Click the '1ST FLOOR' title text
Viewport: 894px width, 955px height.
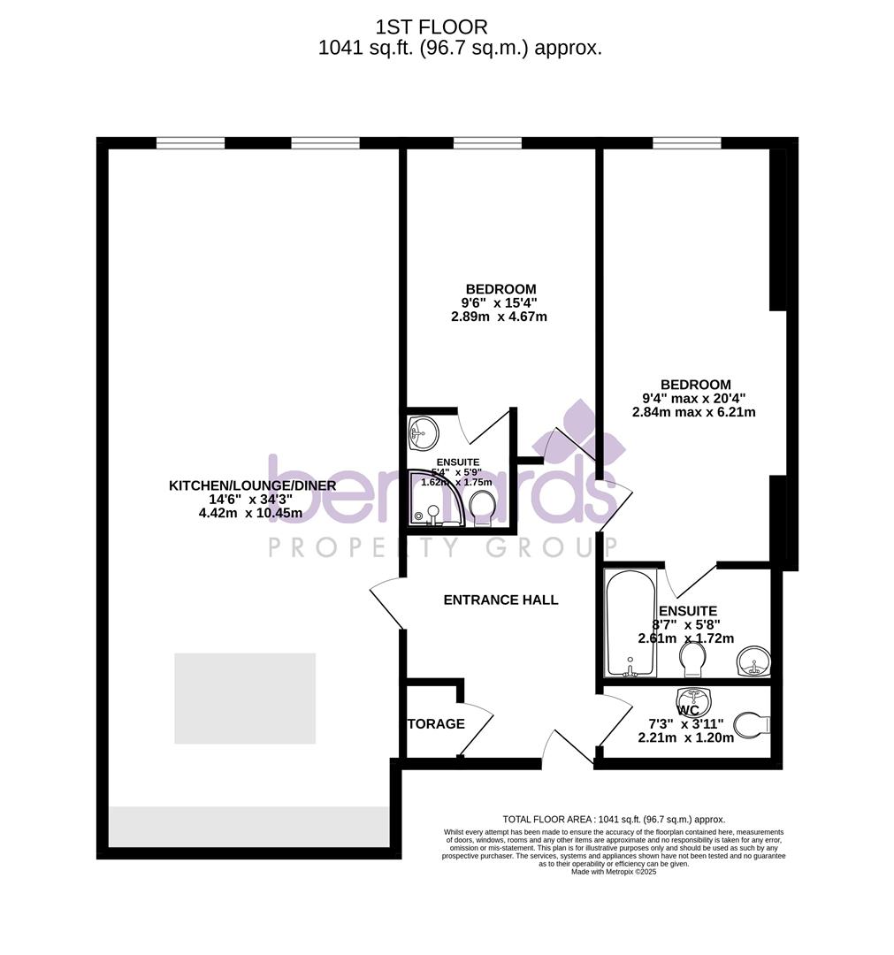tap(432, 27)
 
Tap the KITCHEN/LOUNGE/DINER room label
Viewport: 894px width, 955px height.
tap(252, 485)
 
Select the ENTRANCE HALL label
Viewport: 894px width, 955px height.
tap(500, 600)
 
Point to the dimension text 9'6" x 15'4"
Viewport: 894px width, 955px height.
tap(500, 302)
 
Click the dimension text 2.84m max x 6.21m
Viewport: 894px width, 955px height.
tap(694, 412)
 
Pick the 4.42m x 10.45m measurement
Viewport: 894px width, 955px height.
tap(251, 513)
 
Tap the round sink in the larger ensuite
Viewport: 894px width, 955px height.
tap(753, 661)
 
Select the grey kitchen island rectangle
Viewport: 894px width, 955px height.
tap(245, 699)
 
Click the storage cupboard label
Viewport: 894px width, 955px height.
tap(436, 724)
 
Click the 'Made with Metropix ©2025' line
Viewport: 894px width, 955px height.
tap(614, 872)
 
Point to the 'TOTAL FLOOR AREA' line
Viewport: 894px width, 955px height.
tap(614, 820)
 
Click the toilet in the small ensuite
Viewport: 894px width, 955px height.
tap(482, 508)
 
